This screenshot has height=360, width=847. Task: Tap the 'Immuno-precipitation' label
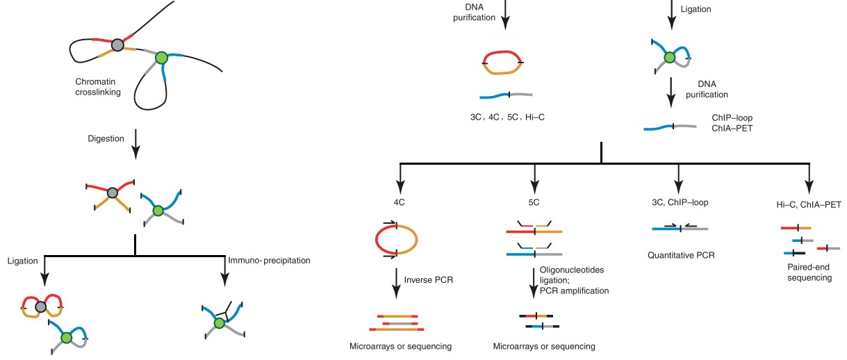click(268, 261)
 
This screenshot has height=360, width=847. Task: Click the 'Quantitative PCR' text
click(680, 255)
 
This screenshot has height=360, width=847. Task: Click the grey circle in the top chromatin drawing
click(118, 46)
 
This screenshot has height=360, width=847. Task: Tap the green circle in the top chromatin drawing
click(161, 58)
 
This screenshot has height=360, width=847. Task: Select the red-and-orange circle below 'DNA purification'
click(502, 62)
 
